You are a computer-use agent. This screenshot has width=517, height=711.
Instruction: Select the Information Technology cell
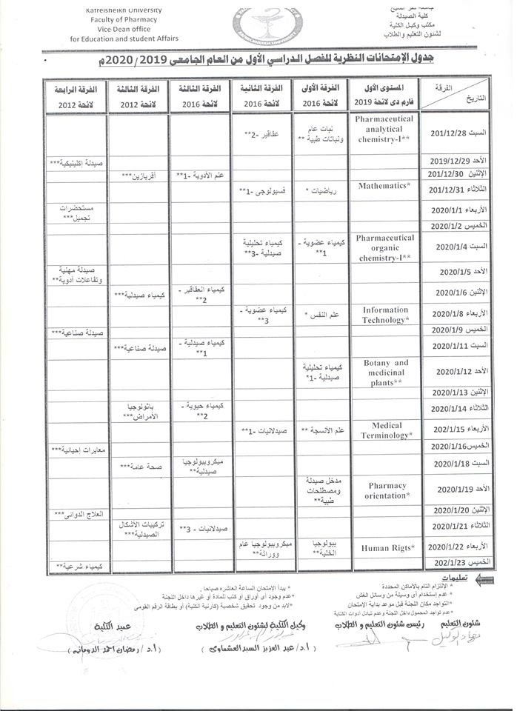pos(385,315)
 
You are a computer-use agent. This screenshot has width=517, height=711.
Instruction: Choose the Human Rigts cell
pos(387,547)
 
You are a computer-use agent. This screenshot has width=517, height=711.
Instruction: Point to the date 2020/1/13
pos(450,392)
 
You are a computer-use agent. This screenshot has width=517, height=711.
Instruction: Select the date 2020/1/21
pos(450,526)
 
